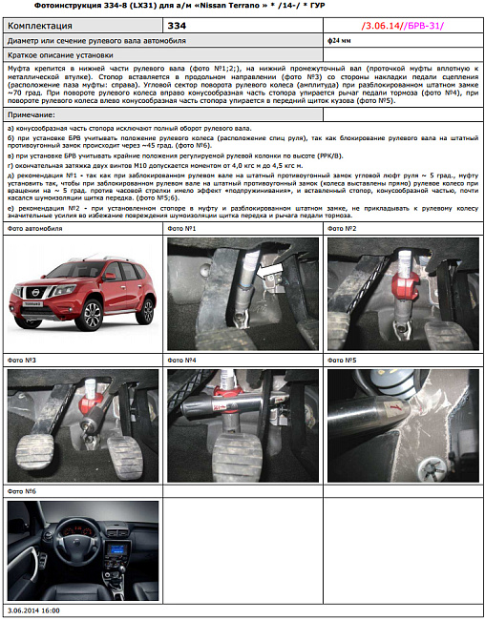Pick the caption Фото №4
click(181, 361)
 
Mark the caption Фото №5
click(341, 361)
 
